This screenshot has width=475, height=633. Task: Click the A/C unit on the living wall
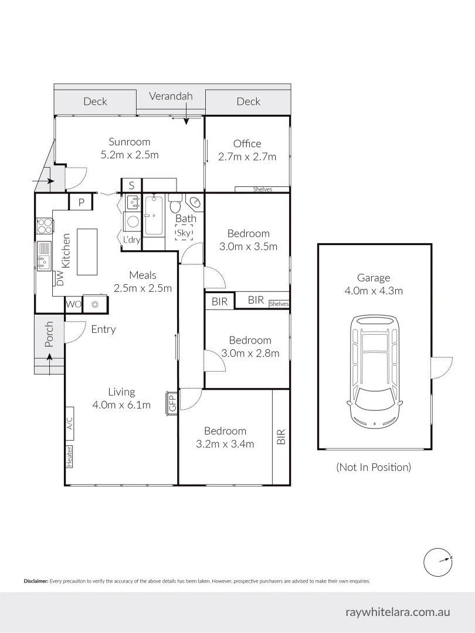tap(69, 423)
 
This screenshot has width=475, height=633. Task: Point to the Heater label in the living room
tap(69, 457)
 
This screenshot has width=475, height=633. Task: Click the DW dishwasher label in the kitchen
tap(59, 278)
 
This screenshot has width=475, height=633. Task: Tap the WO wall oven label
tap(73, 304)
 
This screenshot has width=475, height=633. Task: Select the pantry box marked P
tap(82, 202)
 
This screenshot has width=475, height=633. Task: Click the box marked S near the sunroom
tap(131, 185)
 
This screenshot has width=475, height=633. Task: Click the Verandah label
tap(170, 96)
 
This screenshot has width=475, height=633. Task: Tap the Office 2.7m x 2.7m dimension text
tap(247, 156)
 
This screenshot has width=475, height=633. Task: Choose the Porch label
tap(49, 333)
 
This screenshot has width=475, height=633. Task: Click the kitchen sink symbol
tap(44, 256)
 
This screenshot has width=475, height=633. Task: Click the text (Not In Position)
tap(374, 467)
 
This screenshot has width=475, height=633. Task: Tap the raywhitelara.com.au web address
tap(397, 612)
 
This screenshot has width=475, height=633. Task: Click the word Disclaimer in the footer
tap(36, 581)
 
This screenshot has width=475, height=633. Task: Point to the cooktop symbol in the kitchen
tap(44, 225)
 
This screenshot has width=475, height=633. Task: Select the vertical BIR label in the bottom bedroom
tap(281, 436)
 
